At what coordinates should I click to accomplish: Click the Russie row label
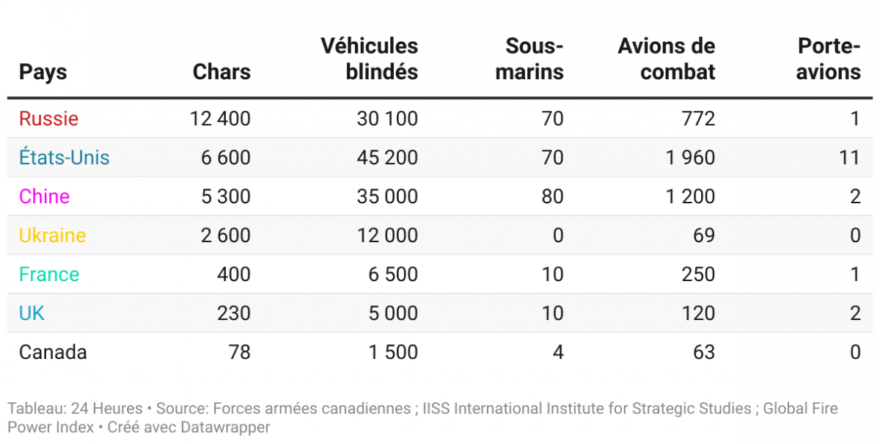click(48, 119)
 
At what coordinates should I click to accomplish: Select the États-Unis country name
click(65, 158)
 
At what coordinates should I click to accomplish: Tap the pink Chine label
click(44, 197)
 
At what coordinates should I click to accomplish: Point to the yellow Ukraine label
click(52, 236)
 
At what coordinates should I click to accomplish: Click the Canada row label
click(53, 352)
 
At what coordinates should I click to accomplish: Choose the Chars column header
click(221, 72)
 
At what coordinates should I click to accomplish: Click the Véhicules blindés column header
click(370, 59)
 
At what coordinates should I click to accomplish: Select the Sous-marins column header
click(535, 59)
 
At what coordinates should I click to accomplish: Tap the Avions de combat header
click(667, 59)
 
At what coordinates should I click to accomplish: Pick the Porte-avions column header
click(829, 59)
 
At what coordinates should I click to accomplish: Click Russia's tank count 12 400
click(220, 119)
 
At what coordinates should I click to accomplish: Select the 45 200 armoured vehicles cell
click(387, 158)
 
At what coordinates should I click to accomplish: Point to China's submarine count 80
click(552, 197)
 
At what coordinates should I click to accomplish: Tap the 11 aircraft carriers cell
click(849, 158)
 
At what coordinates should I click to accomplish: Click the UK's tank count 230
click(235, 313)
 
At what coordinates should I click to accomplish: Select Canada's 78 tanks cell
click(240, 352)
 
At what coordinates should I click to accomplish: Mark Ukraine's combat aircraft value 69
click(703, 236)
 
